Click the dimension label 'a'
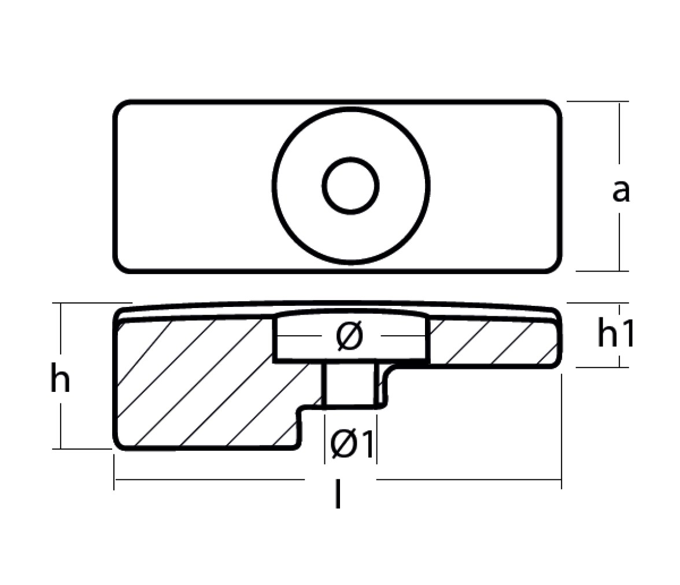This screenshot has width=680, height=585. coord(620,191)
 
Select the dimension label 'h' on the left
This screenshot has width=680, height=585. coord(60,377)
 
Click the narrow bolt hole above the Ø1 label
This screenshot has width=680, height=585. coord(352,384)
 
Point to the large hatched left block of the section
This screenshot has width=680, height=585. coord(204,384)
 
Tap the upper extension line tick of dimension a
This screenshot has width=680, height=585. coord(598,102)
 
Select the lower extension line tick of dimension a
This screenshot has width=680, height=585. coord(602,271)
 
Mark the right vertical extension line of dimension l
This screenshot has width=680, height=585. coord(561,431)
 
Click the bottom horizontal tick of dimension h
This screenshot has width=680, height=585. coord(82,449)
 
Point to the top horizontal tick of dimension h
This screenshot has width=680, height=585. coord(92,303)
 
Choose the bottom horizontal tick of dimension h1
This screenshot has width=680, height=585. coord(602,367)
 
